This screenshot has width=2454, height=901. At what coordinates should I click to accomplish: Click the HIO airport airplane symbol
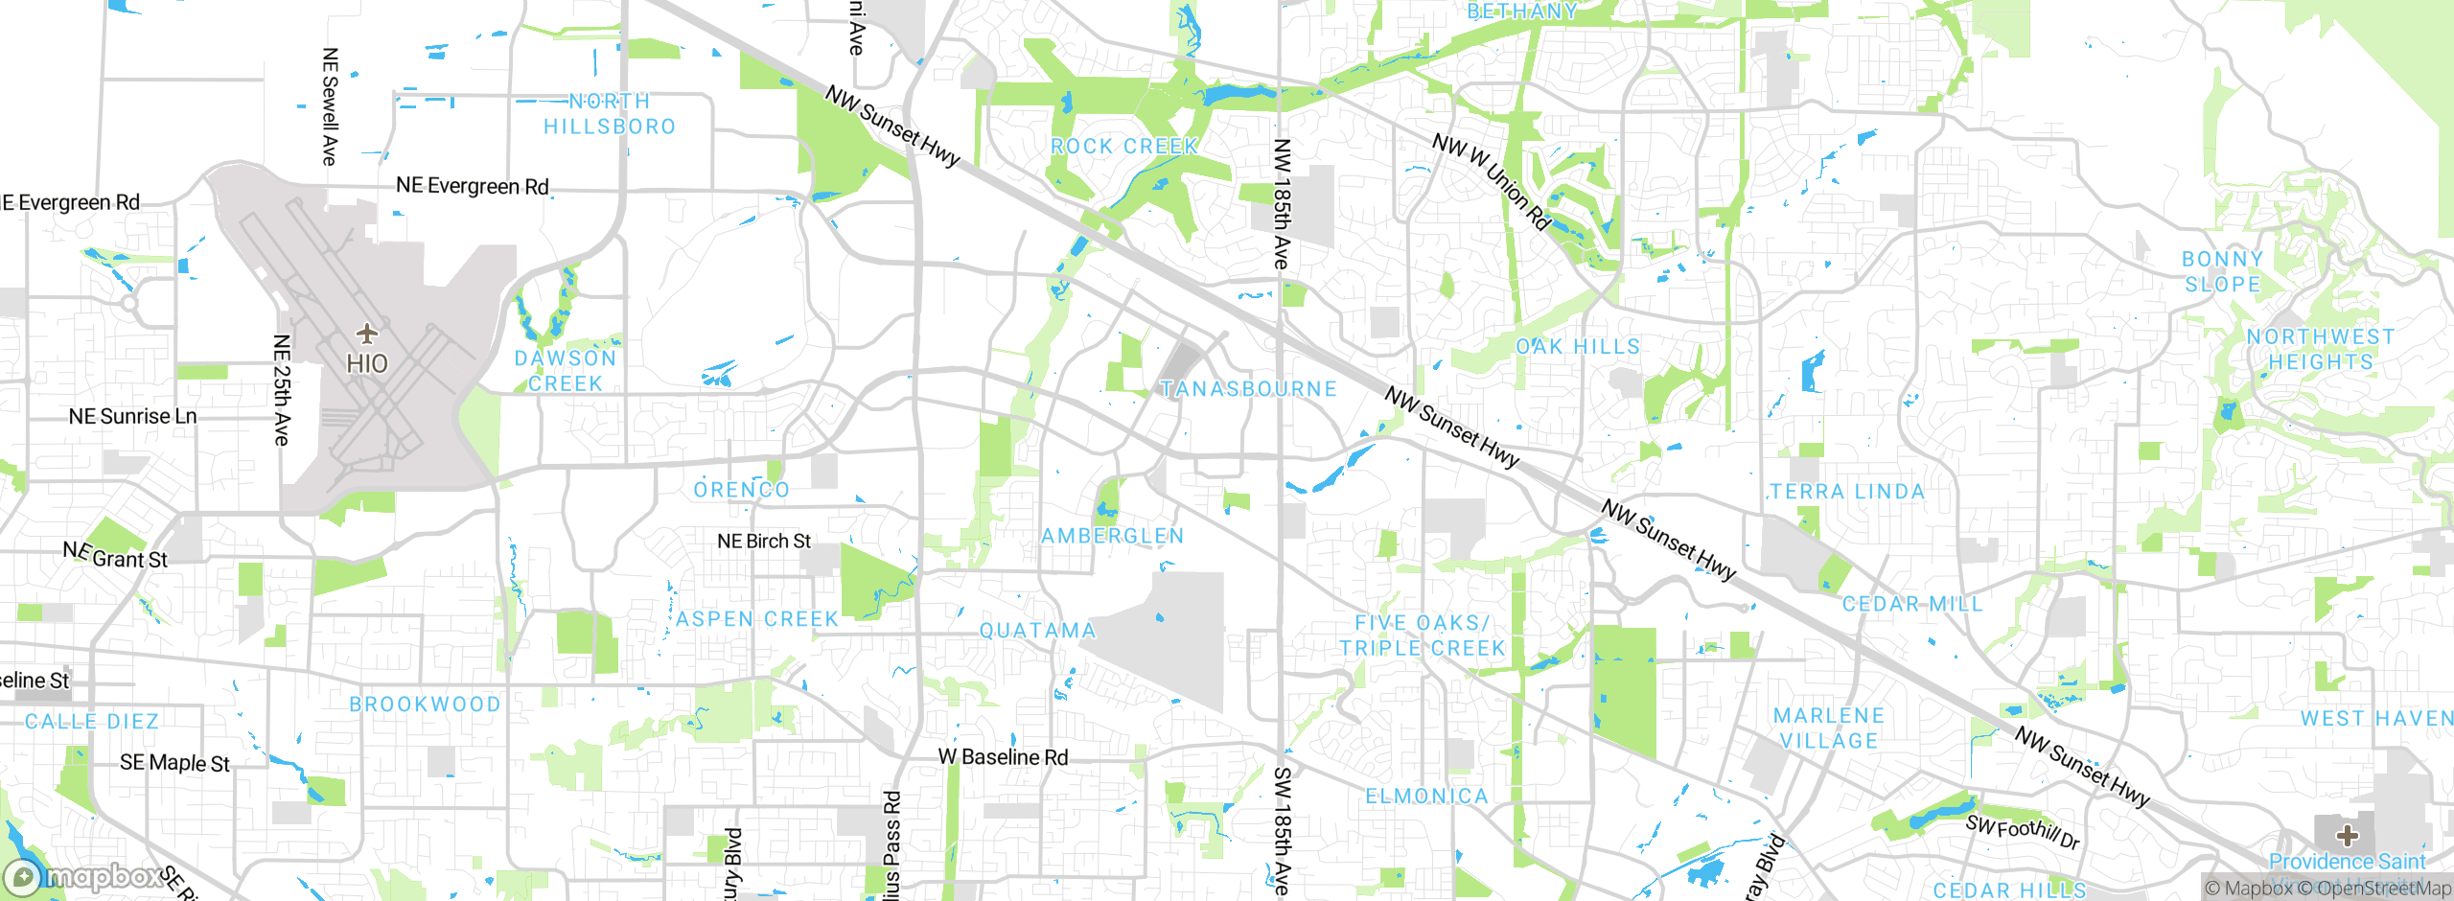pos(367,334)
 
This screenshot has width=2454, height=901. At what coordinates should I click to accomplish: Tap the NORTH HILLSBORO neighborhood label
pos(610,114)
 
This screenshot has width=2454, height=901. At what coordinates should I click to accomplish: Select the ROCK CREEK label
pos(1124,147)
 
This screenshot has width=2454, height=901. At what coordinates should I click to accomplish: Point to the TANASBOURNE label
pos(1248,389)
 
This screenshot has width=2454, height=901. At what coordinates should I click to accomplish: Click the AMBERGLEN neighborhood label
pos(1113,536)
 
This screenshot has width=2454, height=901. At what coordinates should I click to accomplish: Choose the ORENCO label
pos(742,490)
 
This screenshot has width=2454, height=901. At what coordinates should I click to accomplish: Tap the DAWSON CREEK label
pos(566,371)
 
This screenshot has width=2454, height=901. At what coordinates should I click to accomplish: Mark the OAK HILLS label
pos(1578,347)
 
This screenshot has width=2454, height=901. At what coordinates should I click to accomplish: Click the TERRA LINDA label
pos(1847,492)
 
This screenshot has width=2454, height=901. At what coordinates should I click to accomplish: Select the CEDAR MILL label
pos(1912,604)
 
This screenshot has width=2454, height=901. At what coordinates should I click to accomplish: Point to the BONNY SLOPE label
pos(2223,271)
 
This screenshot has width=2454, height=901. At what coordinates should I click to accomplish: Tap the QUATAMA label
pos(1037,631)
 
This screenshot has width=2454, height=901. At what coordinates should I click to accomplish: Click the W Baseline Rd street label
pos(1003,757)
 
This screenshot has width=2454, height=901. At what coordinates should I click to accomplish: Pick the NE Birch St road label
pos(764,542)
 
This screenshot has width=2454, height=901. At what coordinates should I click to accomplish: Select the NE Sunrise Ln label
pos(132,416)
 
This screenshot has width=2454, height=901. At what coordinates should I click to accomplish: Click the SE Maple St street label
pos(174,763)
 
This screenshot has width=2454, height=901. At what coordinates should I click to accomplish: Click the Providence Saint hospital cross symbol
pos(2347,836)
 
